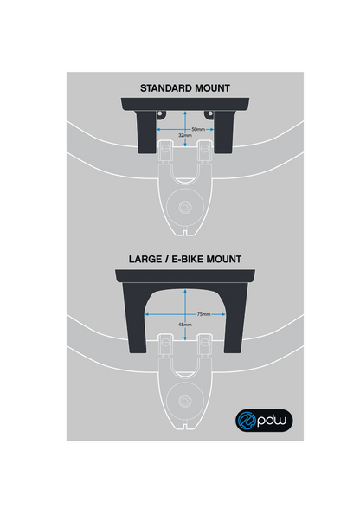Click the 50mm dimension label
[x=198, y=129]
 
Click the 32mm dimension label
[x=185, y=135]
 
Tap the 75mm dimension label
[x=204, y=314]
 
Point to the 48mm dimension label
[x=185, y=325]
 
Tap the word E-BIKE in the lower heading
[x=188, y=259]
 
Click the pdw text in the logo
[x=272, y=421]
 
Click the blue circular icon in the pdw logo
[x=246, y=420]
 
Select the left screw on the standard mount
[x=160, y=113]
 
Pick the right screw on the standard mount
[x=210, y=113]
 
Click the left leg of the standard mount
[x=146, y=132]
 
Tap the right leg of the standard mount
[x=224, y=132]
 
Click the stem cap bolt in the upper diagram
[x=185, y=207]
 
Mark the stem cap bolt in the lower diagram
[x=185, y=401]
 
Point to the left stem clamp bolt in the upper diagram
[x=165, y=149]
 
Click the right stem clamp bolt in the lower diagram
[x=205, y=343]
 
